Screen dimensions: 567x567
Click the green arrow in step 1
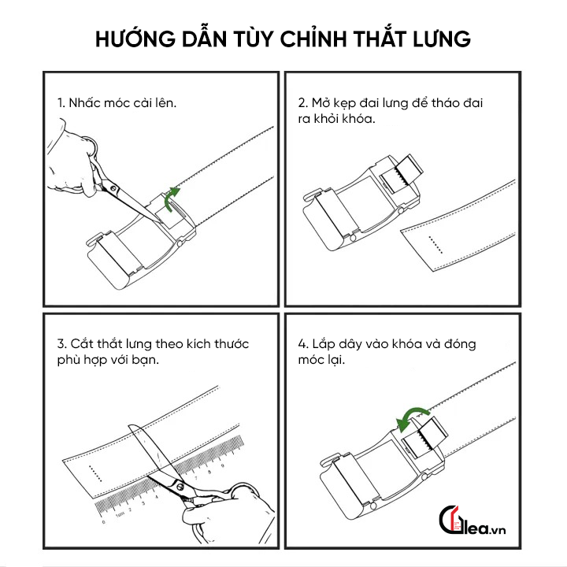tap(171, 199)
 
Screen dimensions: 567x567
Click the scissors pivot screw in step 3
tap(180, 487)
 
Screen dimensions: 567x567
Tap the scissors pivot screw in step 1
tap(113, 188)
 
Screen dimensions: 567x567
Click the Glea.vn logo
tap(472, 520)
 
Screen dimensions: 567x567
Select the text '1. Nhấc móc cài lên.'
tap(117, 103)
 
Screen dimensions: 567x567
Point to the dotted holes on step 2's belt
tap(435, 245)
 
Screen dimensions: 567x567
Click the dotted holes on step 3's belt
tap(95, 473)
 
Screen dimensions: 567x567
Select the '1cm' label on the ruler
tap(120, 513)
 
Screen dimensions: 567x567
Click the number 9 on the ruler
tap(222, 465)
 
